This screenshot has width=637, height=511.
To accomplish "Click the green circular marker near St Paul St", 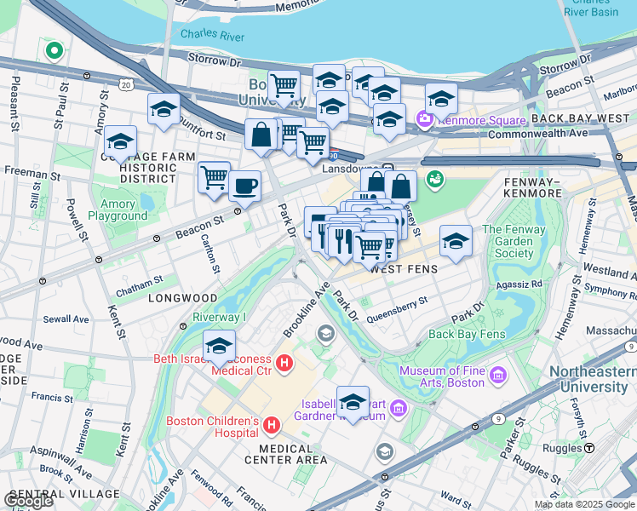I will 54,51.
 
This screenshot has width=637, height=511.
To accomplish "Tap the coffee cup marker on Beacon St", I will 245,186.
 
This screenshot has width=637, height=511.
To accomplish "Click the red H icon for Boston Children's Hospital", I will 272,425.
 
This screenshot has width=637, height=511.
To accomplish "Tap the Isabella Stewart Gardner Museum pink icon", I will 397,411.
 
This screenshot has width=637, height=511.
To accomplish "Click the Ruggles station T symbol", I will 588,448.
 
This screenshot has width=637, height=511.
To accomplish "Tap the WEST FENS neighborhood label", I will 405,269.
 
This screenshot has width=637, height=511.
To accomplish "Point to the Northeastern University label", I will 592,380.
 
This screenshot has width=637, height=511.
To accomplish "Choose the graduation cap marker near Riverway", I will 219,347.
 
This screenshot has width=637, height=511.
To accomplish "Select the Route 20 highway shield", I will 126,85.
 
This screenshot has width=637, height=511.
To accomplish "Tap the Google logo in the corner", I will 28,501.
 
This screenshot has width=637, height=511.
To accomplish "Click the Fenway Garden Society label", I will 508,241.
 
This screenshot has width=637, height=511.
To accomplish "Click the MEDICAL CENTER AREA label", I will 286,460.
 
